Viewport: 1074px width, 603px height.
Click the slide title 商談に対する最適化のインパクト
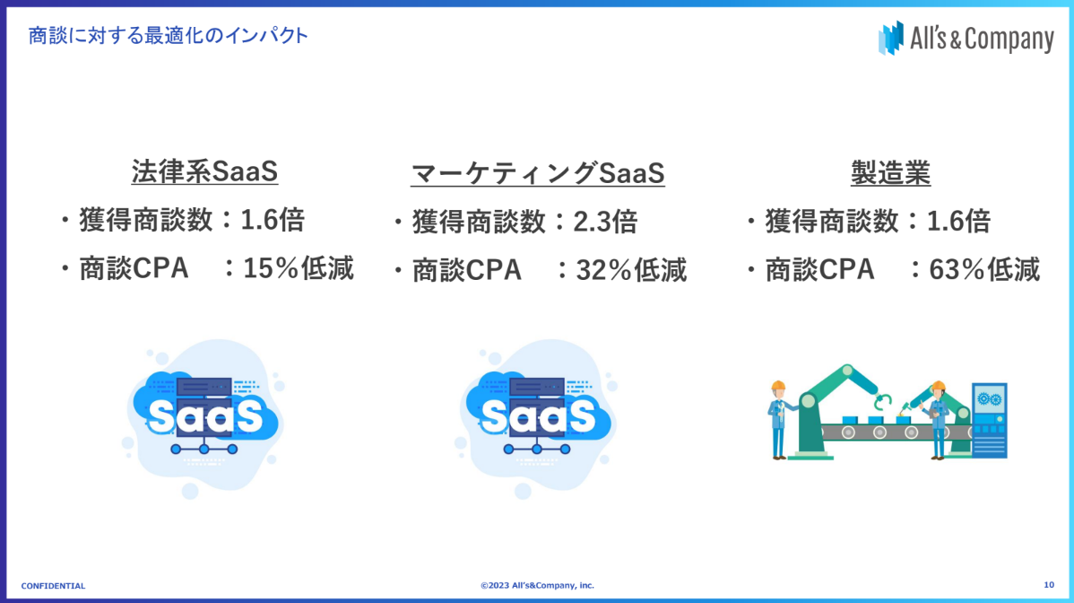pos(168,35)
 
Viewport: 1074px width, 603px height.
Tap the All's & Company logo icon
pos(890,38)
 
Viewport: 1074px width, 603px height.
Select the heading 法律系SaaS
pos(204,171)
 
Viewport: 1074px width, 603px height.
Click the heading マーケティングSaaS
pos(538,173)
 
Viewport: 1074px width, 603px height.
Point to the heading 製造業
pos(890,172)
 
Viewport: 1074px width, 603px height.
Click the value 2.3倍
pos(605,222)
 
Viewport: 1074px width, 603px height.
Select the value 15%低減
pos(298,268)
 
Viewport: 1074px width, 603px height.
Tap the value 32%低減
pos(631,270)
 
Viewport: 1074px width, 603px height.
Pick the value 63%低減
pos(984,269)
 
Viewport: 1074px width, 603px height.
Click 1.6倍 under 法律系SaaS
pos(273,220)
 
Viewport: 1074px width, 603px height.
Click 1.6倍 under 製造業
pos(959,222)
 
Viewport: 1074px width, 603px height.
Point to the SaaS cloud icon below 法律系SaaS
pos(204,418)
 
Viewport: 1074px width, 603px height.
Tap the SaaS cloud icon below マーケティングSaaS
pos(536,418)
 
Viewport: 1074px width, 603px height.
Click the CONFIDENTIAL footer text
pos(54,586)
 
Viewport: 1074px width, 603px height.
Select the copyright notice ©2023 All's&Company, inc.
pos(538,585)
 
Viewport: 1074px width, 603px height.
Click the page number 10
pos(1049,584)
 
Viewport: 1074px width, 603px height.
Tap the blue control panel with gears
pos(990,420)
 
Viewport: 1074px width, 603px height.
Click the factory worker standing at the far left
pos(778,420)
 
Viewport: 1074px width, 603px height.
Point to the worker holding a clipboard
pos(937,420)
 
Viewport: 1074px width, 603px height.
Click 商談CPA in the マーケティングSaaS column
pos(467,270)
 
